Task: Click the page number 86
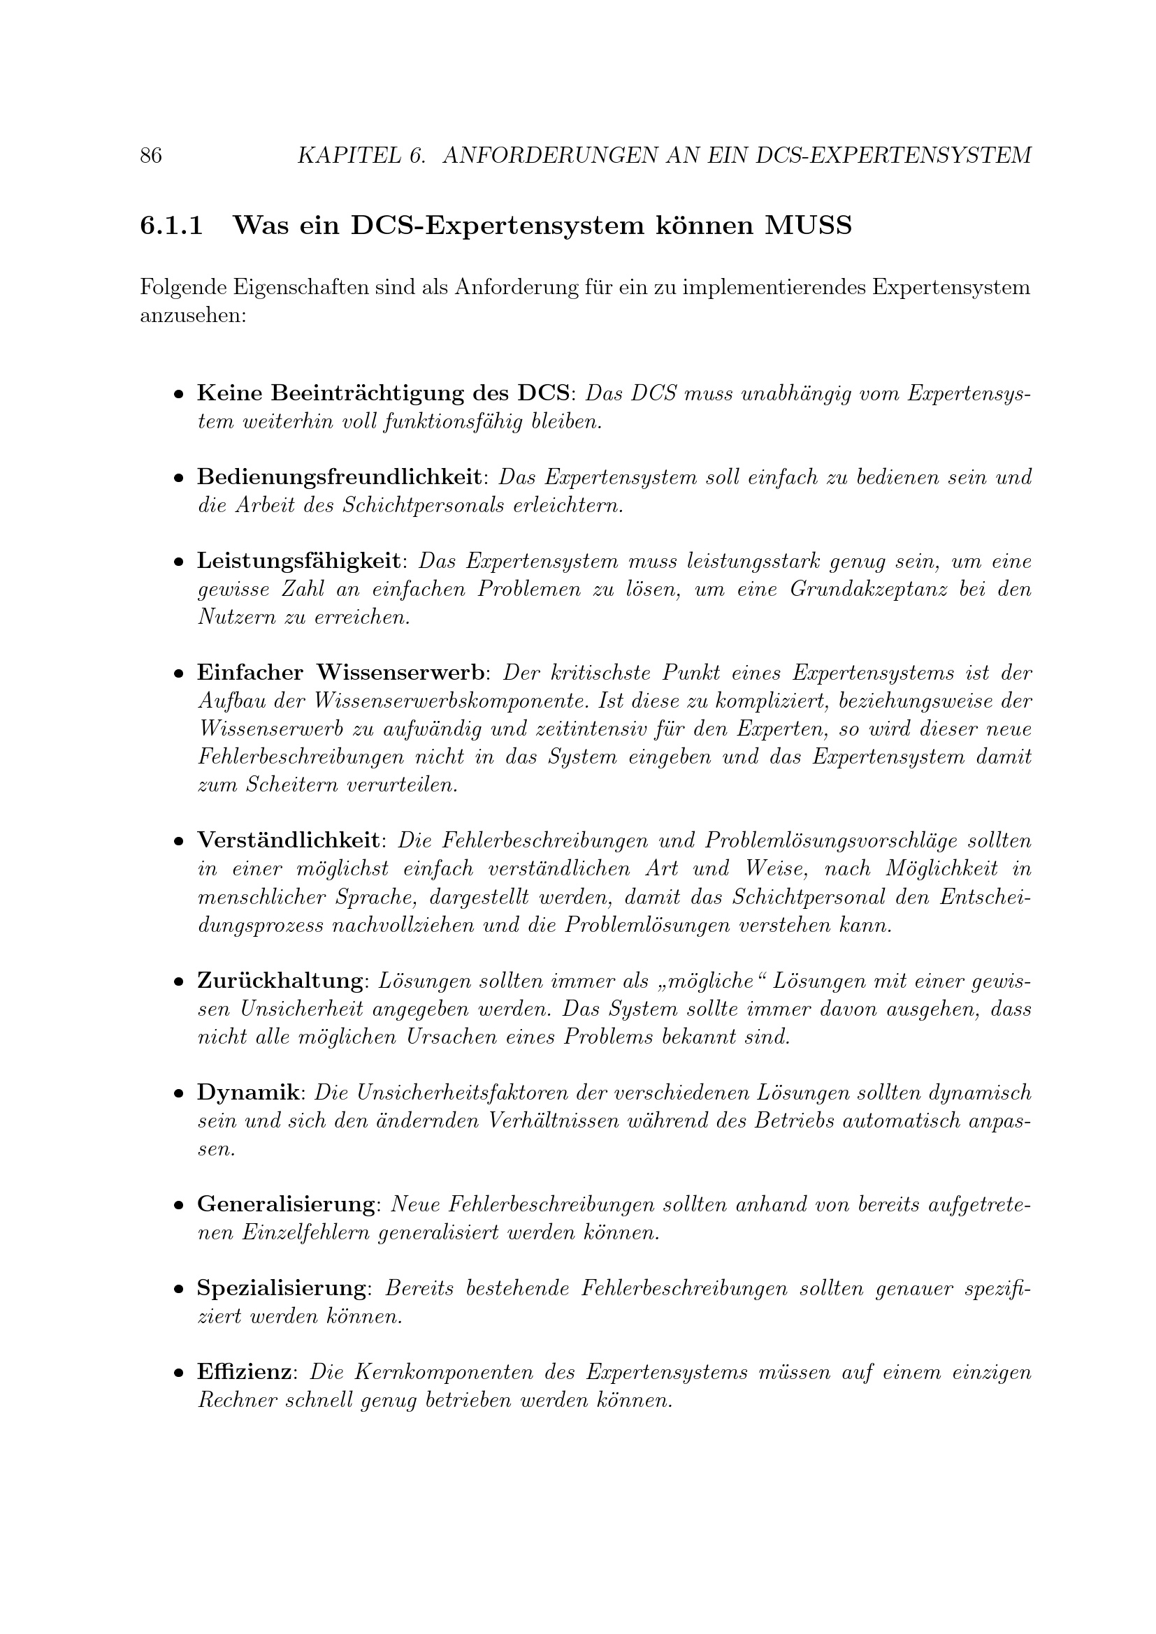point(151,155)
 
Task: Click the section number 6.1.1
point(171,226)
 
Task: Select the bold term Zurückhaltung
point(280,981)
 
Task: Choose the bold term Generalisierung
point(286,1204)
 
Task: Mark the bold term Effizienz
point(243,1372)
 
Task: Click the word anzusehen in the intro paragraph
point(193,315)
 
